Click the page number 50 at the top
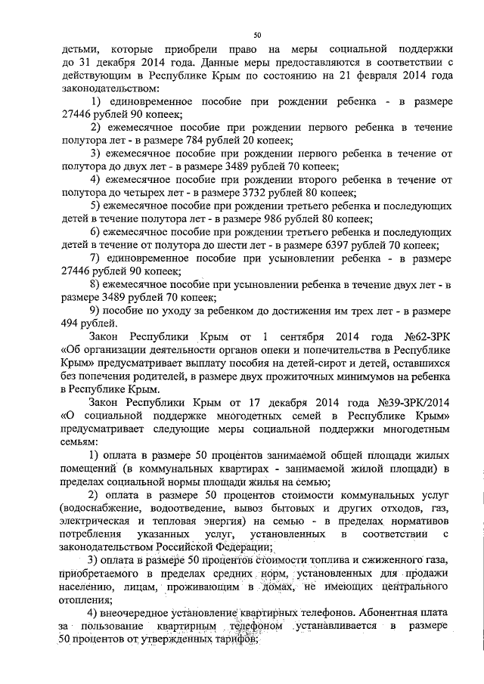(256, 34)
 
